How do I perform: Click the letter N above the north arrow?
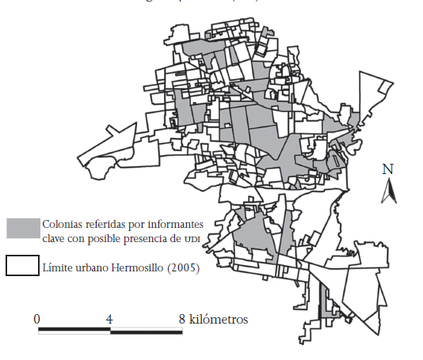tap(388, 169)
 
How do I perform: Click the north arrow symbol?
tap(388, 190)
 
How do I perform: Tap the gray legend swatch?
tap(22, 228)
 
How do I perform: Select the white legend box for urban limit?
tap(21, 266)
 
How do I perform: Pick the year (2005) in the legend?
tap(183, 268)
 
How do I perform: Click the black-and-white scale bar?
tap(110, 330)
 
